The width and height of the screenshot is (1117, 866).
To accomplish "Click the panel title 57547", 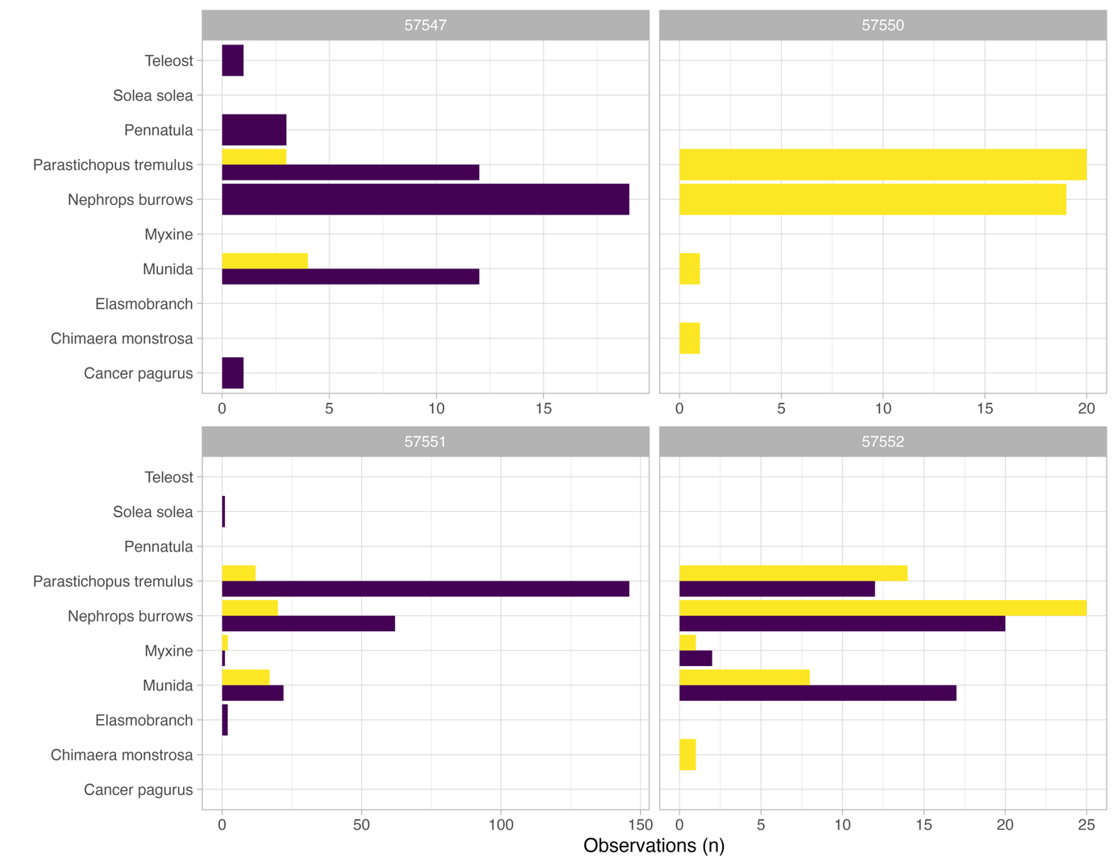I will [x=425, y=25].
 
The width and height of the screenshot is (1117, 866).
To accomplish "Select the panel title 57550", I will [x=882, y=25].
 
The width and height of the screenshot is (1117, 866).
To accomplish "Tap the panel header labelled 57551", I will [x=425, y=442].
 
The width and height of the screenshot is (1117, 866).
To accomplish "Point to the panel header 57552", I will [x=882, y=442].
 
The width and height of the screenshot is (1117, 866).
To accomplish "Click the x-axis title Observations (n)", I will [x=654, y=845].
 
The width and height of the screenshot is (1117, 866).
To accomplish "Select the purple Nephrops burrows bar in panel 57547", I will [x=425, y=199].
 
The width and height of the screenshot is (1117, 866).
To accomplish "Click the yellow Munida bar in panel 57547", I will [x=264, y=261].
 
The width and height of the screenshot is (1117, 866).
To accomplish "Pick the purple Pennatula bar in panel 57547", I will [x=254, y=130].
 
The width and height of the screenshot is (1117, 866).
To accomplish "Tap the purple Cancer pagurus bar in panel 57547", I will [x=233, y=373].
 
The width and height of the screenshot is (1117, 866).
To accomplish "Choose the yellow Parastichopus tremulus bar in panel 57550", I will [x=882, y=164].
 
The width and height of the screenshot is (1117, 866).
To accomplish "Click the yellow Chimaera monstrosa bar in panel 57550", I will [x=689, y=339].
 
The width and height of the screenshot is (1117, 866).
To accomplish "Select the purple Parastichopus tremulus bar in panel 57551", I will [x=425, y=589].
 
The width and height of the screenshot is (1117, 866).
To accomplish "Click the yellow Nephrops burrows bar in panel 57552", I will [x=882, y=608].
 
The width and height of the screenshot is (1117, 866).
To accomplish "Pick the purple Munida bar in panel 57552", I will [x=817, y=693].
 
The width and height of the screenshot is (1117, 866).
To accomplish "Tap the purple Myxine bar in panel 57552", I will [x=696, y=659].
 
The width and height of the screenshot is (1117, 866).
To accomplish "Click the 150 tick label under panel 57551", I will [x=640, y=825].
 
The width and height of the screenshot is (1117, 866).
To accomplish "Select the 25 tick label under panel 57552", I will [x=1086, y=825].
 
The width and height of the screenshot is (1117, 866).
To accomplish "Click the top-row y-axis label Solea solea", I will [x=153, y=95].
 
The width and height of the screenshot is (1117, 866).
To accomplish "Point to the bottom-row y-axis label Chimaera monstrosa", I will [x=122, y=755].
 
